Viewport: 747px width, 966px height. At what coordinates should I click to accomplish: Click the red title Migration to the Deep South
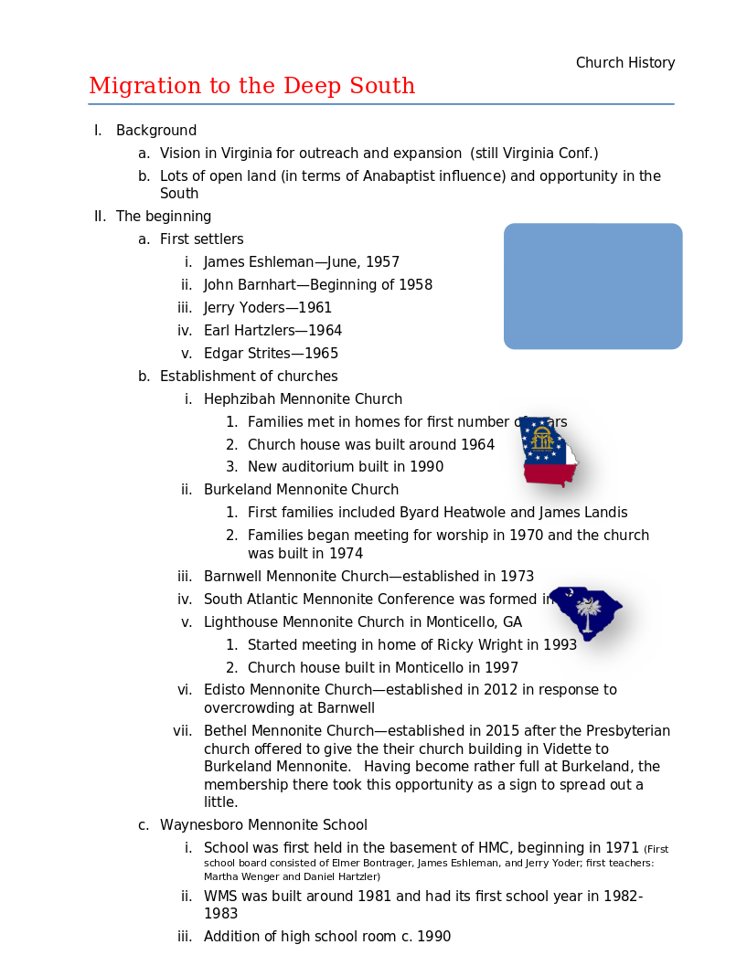tap(251, 86)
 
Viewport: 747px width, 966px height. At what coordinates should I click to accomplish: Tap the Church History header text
tap(625, 63)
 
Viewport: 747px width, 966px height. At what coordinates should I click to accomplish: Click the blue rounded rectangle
tap(592, 286)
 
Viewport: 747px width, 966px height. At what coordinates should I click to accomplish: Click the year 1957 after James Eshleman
tap(382, 262)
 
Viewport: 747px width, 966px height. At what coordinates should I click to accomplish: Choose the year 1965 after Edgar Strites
tap(321, 354)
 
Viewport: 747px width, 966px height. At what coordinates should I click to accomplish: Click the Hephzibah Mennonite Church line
tap(303, 399)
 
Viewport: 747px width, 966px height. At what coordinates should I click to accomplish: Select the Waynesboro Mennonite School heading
tap(263, 825)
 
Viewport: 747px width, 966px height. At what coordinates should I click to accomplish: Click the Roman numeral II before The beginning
tap(100, 217)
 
